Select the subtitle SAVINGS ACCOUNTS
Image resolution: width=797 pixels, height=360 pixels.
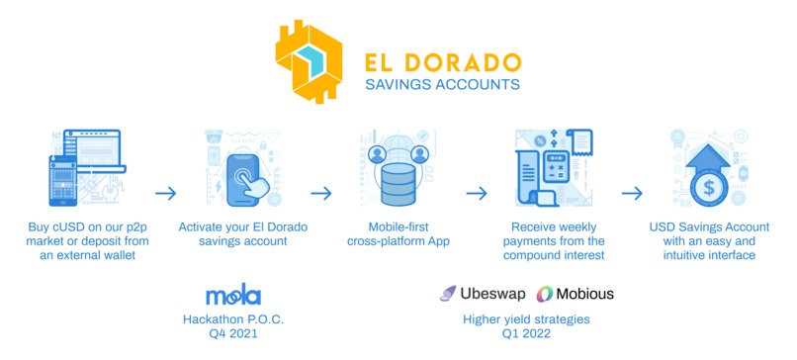(442, 84)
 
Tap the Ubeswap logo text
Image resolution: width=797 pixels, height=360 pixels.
(490, 294)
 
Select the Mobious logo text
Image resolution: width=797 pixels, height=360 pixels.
(581, 294)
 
